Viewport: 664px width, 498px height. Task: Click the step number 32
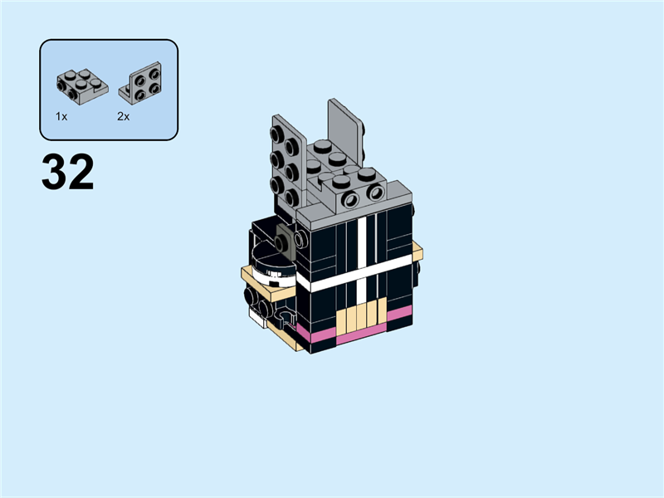pyautogui.click(x=67, y=173)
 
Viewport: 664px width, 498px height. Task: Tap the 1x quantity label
pyautogui.click(x=61, y=117)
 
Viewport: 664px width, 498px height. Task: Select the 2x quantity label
pyautogui.click(x=123, y=117)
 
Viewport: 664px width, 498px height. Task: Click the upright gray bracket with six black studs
pyautogui.click(x=286, y=162)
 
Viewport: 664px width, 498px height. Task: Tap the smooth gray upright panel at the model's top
pyautogui.click(x=346, y=133)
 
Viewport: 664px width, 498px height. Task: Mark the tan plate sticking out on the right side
pyautogui.click(x=417, y=251)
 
